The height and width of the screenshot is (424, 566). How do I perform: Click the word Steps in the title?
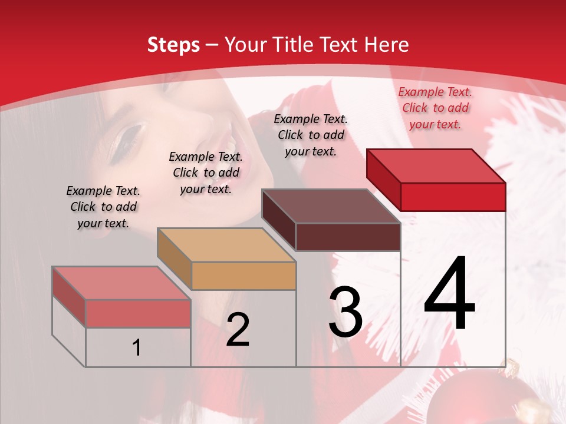click(x=173, y=45)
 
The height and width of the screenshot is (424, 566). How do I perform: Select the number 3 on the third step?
click(x=345, y=312)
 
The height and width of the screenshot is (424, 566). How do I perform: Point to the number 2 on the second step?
click(x=238, y=330)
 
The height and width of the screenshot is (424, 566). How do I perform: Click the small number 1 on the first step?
click(x=137, y=347)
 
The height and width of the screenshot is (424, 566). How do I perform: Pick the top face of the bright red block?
click(x=436, y=165)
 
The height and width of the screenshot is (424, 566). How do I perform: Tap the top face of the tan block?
click(x=226, y=245)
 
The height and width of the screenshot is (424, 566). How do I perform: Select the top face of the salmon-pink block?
click(x=121, y=283)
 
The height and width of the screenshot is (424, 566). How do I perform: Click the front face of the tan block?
click(x=243, y=276)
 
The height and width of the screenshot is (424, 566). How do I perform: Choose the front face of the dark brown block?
click(x=348, y=237)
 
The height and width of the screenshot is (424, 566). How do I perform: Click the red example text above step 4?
click(x=435, y=108)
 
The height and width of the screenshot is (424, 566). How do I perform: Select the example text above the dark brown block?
click(x=311, y=135)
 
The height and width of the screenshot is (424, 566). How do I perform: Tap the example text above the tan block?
click(x=206, y=173)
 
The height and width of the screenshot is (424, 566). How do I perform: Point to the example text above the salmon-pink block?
click(x=103, y=207)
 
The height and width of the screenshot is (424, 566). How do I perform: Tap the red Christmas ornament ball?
click(x=466, y=403)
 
